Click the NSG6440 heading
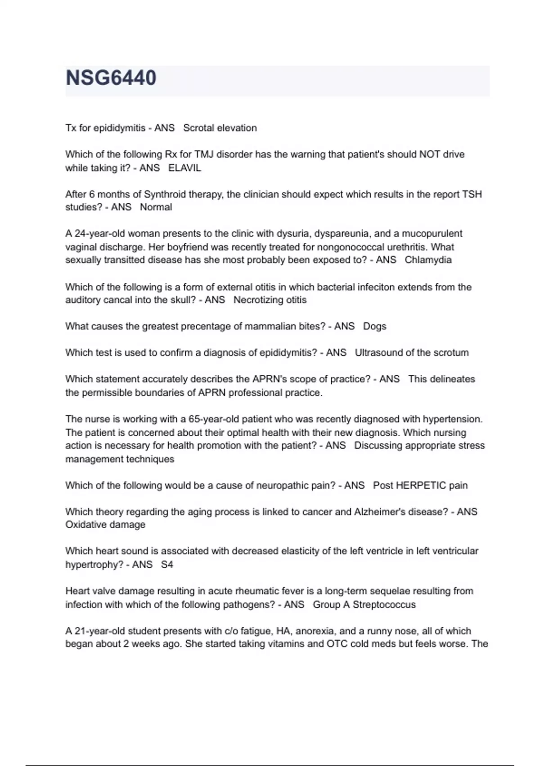(111, 78)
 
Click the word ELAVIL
(184, 168)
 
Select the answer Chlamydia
(428, 260)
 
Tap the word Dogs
(374, 326)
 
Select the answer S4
(167, 565)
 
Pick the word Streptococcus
(384, 605)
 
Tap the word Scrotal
(198, 128)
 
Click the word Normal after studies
(156, 207)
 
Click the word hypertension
(452, 419)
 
